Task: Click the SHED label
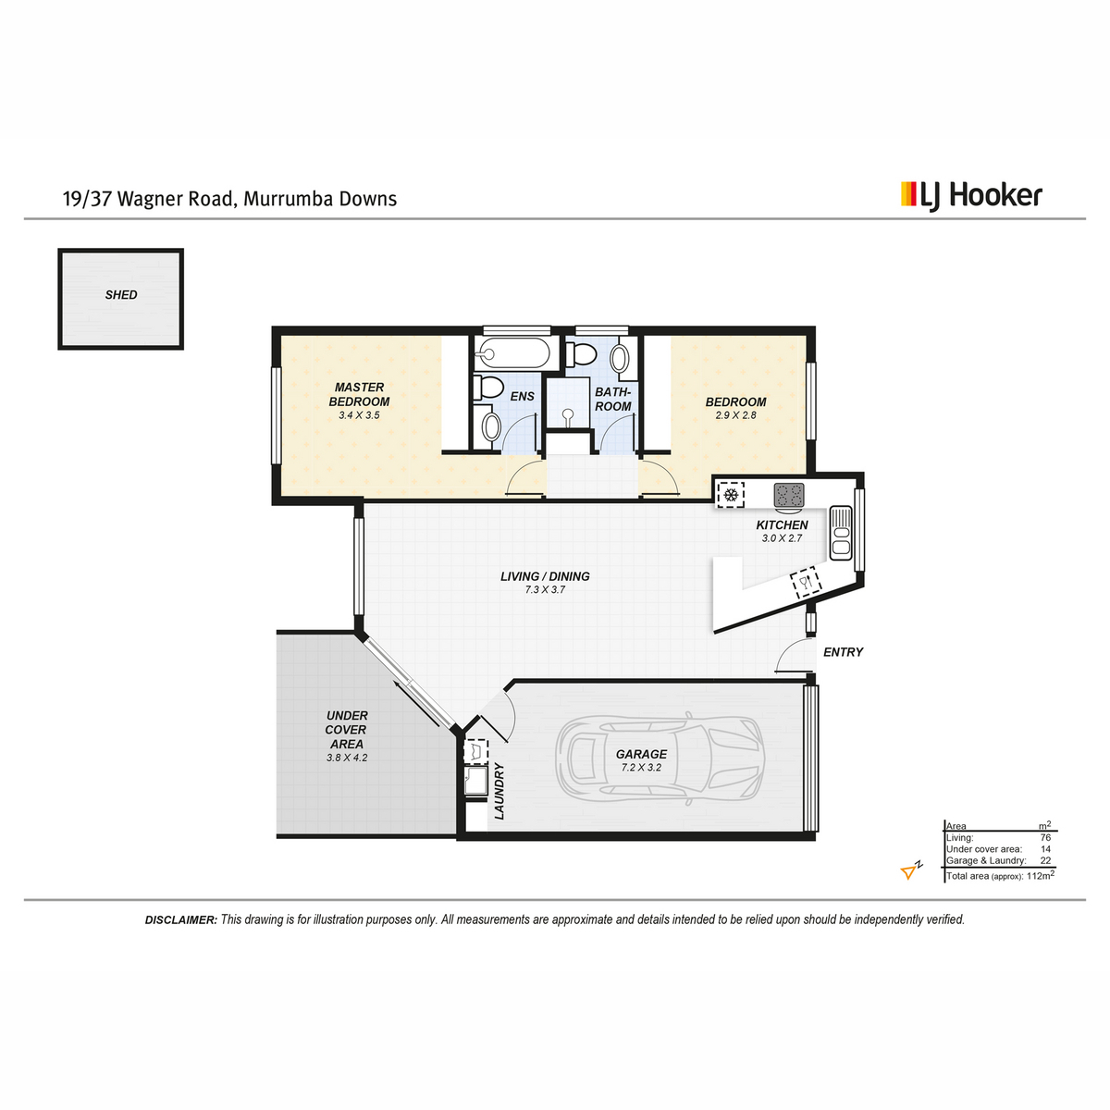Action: (x=121, y=295)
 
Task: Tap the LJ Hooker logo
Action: (x=971, y=196)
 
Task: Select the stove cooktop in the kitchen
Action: (x=789, y=496)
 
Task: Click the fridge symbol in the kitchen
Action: (x=731, y=495)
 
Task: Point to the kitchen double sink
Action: (x=841, y=533)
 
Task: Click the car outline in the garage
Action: (x=660, y=759)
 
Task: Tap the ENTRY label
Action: (x=843, y=652)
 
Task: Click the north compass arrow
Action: (x=910, y=871)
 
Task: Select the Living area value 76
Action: (x=1045, y=837)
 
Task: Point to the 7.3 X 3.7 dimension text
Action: (x=544, y=590)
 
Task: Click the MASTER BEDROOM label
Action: (x=359, y=395)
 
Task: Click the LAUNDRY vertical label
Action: (x=499, y=791)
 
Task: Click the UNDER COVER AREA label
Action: (x=346, y=729)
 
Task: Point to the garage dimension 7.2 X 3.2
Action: (x=641, y=767)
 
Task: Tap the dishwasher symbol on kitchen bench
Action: (x=806, y=582)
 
